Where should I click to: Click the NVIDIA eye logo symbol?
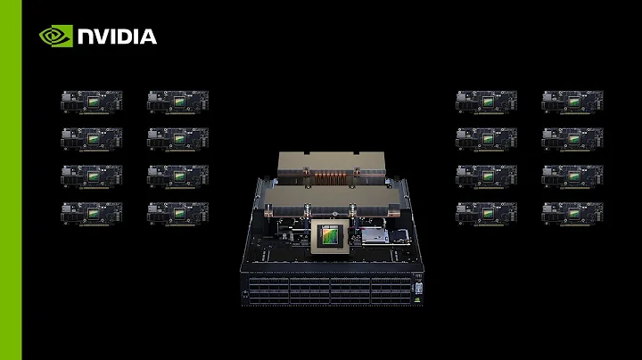tap(55, 37)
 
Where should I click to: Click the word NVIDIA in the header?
tap(117, 37)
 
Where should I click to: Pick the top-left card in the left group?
tap(91, 100)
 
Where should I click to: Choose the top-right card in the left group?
tap(177, 100)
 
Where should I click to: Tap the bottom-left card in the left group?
tap(91, 211)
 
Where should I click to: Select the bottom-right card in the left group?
tap(177, 211)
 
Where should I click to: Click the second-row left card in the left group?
tap(91, 137)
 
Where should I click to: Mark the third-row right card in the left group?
tap(177, 174)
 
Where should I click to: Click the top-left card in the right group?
tap(486, 100)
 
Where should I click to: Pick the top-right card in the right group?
tap(572, 100)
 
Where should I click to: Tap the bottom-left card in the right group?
tap(486, 211)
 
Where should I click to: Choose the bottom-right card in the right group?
tap(572, 211)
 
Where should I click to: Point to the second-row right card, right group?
tap(572, 137)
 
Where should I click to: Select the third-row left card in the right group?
tap(486, 174)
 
